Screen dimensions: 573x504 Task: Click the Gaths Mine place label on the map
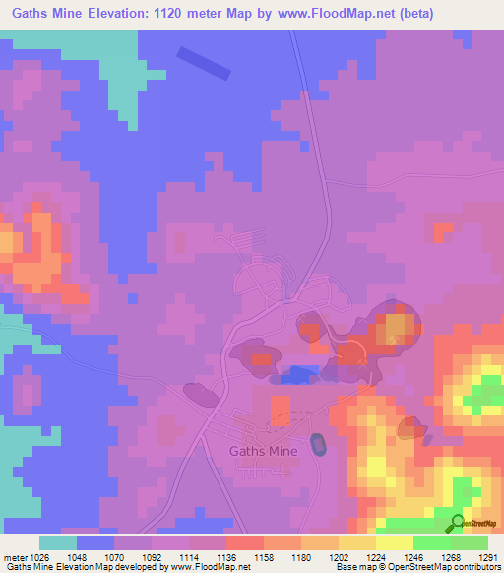click(x=263, y=451)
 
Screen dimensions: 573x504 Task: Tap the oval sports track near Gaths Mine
click(x=318, y=445)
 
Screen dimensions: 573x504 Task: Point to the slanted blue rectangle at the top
click(x=204, y=63)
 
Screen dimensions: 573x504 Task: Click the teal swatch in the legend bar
click(x=58, y=542)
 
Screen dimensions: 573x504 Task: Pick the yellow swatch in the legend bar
click(x=395, y=542)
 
